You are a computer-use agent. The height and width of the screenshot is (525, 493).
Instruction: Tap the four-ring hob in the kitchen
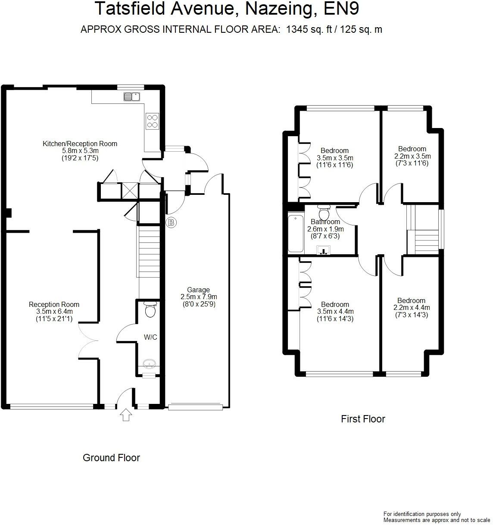(x=152, y=121)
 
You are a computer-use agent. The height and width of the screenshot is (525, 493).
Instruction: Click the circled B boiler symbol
(x=172, y=222)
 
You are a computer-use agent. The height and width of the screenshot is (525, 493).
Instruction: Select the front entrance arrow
(x=126, y=415)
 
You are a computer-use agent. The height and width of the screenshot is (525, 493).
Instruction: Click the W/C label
(x=150, y=337)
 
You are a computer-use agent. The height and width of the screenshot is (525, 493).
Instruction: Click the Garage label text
(x=198, y=290)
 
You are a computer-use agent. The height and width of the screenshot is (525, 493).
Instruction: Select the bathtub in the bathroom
(x=296, y=233)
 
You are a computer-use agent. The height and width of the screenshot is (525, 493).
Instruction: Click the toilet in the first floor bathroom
(x=324, y=212)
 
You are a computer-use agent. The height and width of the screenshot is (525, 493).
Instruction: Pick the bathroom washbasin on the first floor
(x=323, y=250)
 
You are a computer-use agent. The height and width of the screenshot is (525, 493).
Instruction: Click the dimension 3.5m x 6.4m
(x=54, y=312)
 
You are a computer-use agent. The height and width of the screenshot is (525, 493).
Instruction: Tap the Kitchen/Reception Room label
(x=80, y=144)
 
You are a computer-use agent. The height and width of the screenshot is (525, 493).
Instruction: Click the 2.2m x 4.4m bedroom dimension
(x=412, y=308)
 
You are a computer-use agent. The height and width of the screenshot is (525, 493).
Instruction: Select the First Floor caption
(x=363, y=419)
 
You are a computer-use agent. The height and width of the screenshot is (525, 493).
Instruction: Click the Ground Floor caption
(x=111, y=458)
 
